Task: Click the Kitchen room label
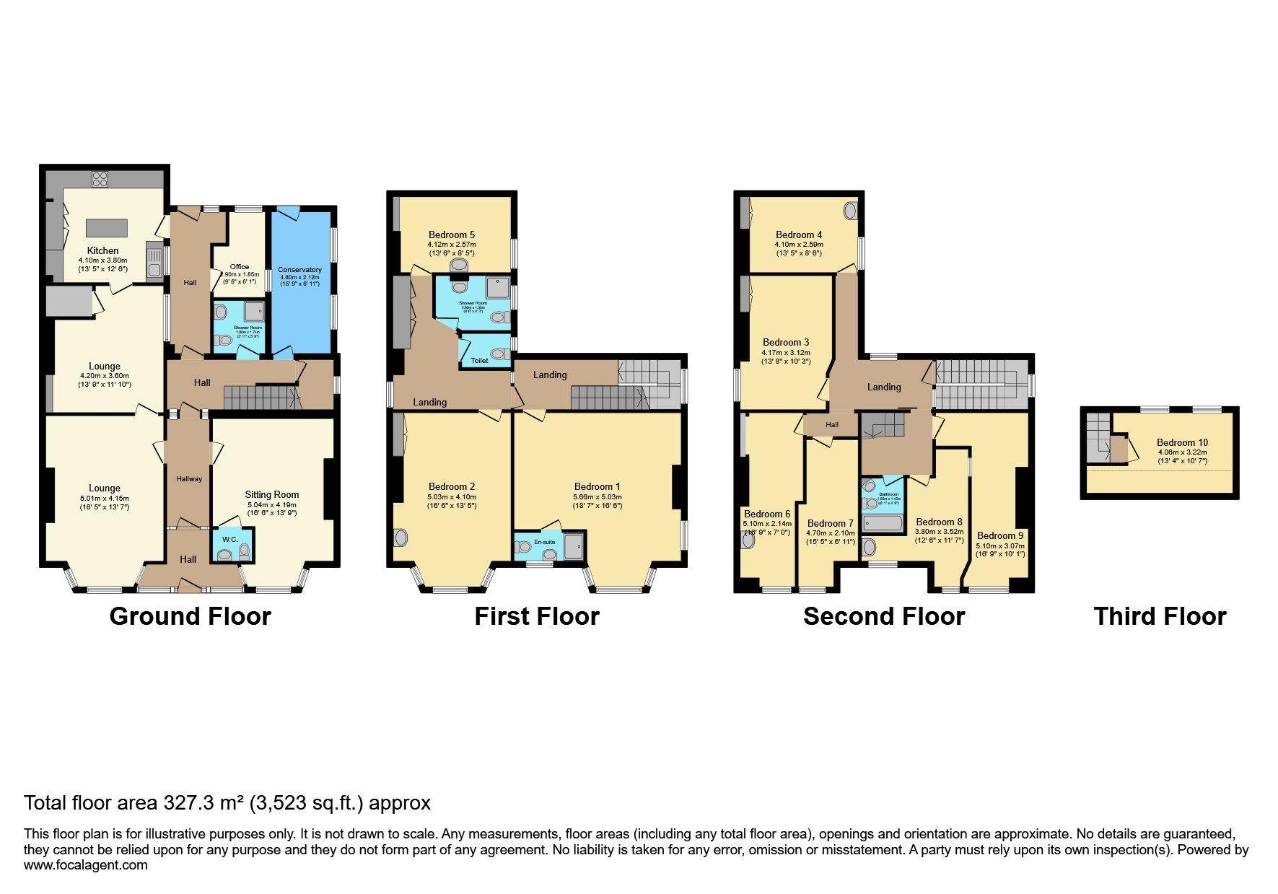point(102,250)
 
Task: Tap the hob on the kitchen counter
point(100,178)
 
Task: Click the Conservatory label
point(299,270)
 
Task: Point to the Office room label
point(240,266)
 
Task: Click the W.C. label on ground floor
point(229,539)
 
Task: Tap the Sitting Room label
point(272,494)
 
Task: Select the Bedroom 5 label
point(452,235)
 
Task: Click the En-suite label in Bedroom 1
point(544,542)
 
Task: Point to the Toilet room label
point(479,360)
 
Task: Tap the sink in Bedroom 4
point(850,211)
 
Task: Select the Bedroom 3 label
point(786,342)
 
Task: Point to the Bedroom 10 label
point(1182,442)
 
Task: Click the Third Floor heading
point(1160,616)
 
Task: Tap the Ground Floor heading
point(190,616)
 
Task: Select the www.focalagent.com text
point(85,865)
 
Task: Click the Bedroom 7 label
point(830,523)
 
